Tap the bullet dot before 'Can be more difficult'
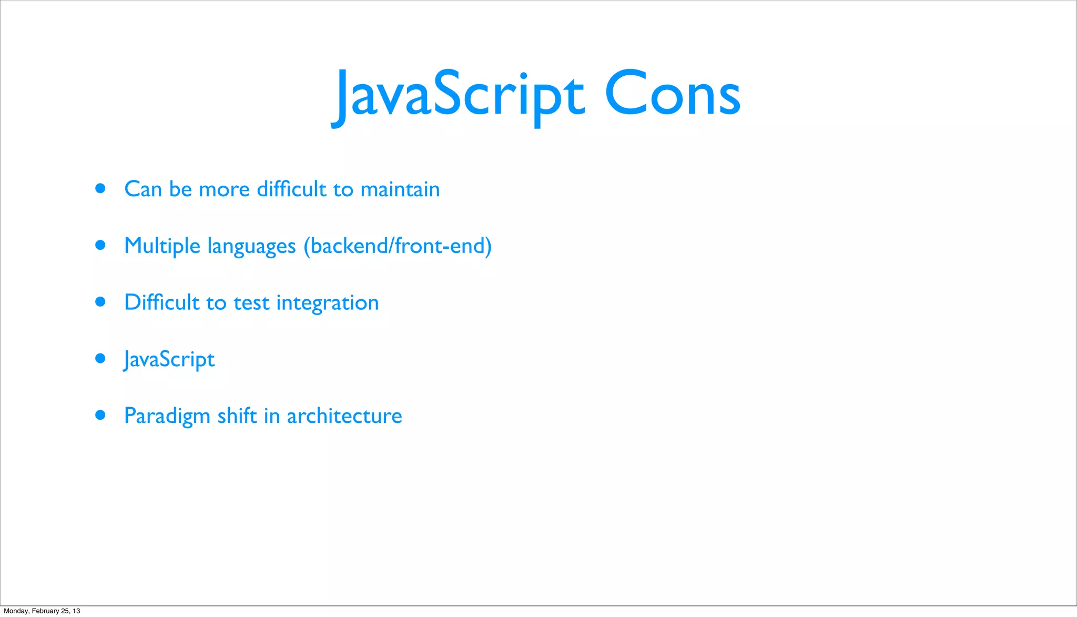(x=100, y=188)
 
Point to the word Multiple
(x=162, y=246)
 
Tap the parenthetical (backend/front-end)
(x=398, y=246)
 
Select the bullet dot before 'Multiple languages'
(x=100, y=245)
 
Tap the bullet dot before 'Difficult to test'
(x=100, y=301)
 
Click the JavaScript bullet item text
(x=169, y=360)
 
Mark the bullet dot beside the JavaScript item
(x=100, y=358)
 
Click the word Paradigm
(x=167, y=416)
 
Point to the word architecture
(x=344, y=416)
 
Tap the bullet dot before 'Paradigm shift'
(x=100, y=415)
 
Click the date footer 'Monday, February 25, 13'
(x=42, y=611)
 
